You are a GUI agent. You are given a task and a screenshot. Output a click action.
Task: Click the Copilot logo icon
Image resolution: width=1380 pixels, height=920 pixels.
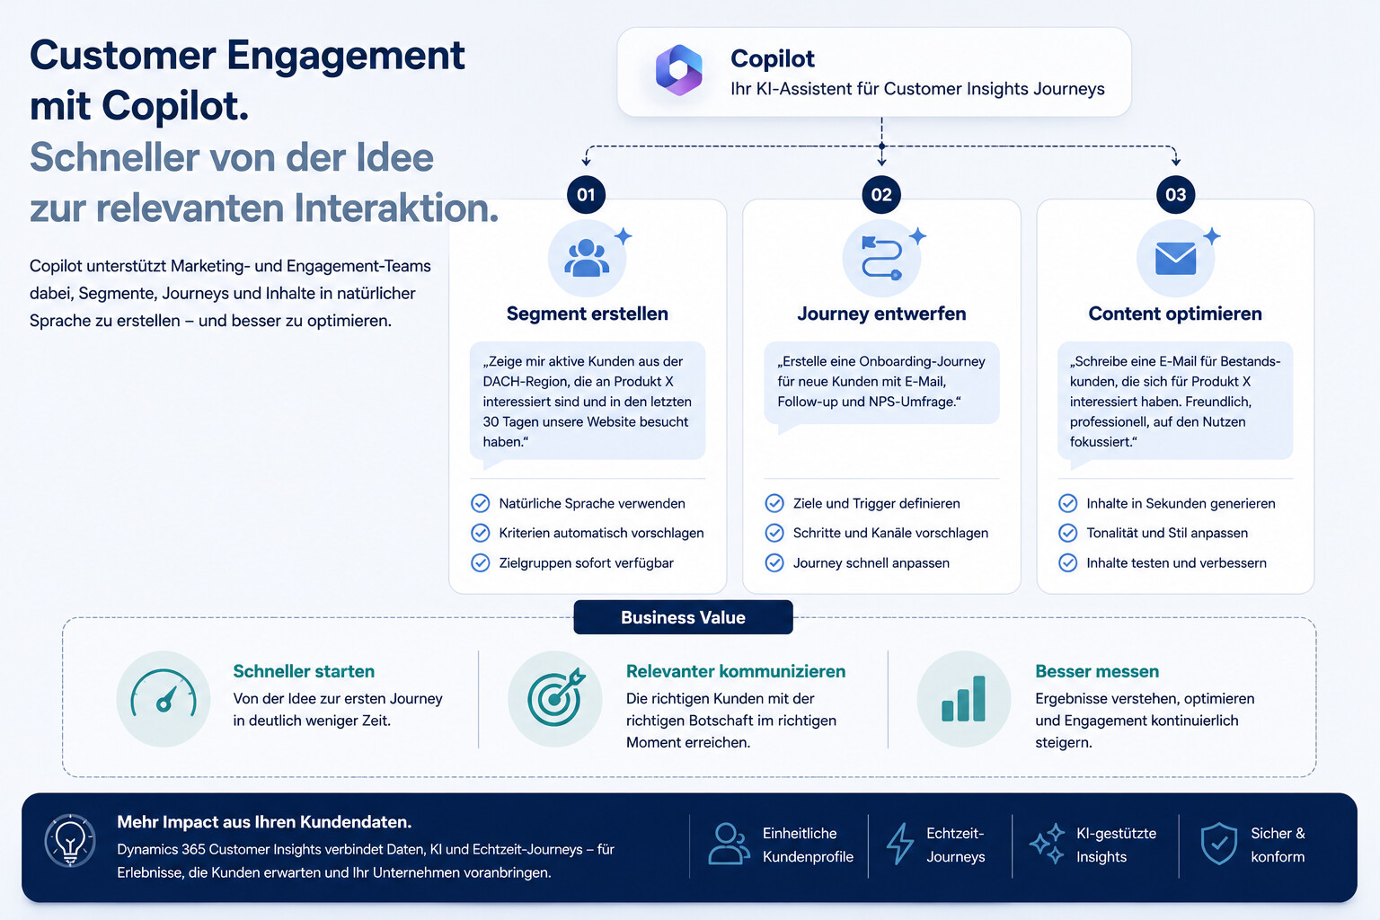678,70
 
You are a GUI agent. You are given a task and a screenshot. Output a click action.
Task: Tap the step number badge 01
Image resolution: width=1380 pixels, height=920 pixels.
586,195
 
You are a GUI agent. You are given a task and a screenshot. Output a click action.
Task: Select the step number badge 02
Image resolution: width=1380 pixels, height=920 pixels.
881,195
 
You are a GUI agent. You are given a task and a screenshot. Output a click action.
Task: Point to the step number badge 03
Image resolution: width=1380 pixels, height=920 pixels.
1175,195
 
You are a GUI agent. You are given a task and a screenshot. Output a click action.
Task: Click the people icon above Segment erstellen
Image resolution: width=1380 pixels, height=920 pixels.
587,258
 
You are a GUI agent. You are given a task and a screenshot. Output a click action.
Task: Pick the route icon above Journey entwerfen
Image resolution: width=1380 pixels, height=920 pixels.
881,258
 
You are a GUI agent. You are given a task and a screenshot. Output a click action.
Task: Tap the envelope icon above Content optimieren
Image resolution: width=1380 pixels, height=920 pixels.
1175,258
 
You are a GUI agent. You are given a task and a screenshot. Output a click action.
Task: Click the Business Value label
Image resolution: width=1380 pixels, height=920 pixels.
683,617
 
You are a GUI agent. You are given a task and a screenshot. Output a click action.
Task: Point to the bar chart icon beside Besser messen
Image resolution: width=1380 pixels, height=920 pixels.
963,699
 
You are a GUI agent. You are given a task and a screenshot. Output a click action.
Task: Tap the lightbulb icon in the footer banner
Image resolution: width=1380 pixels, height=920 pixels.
70,841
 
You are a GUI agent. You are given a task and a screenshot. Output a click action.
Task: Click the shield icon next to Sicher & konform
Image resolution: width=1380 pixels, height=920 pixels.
1218,844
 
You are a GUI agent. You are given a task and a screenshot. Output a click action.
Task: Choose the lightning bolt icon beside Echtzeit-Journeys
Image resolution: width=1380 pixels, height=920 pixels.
900,844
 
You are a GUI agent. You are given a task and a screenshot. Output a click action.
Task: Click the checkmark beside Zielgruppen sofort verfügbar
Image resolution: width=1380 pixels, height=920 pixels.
481,562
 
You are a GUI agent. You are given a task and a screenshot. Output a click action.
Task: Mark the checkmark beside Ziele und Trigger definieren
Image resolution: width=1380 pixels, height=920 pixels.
774,503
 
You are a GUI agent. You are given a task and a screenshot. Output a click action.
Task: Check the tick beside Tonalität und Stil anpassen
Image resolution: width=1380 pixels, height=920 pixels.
1067,533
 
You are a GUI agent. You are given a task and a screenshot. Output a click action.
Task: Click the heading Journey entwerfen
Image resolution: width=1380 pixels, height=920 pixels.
881,314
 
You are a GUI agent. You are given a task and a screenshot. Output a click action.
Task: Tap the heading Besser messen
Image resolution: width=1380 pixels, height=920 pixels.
1097,671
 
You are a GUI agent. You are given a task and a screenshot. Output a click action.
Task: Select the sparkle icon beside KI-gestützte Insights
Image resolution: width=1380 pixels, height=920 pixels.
1047,844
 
